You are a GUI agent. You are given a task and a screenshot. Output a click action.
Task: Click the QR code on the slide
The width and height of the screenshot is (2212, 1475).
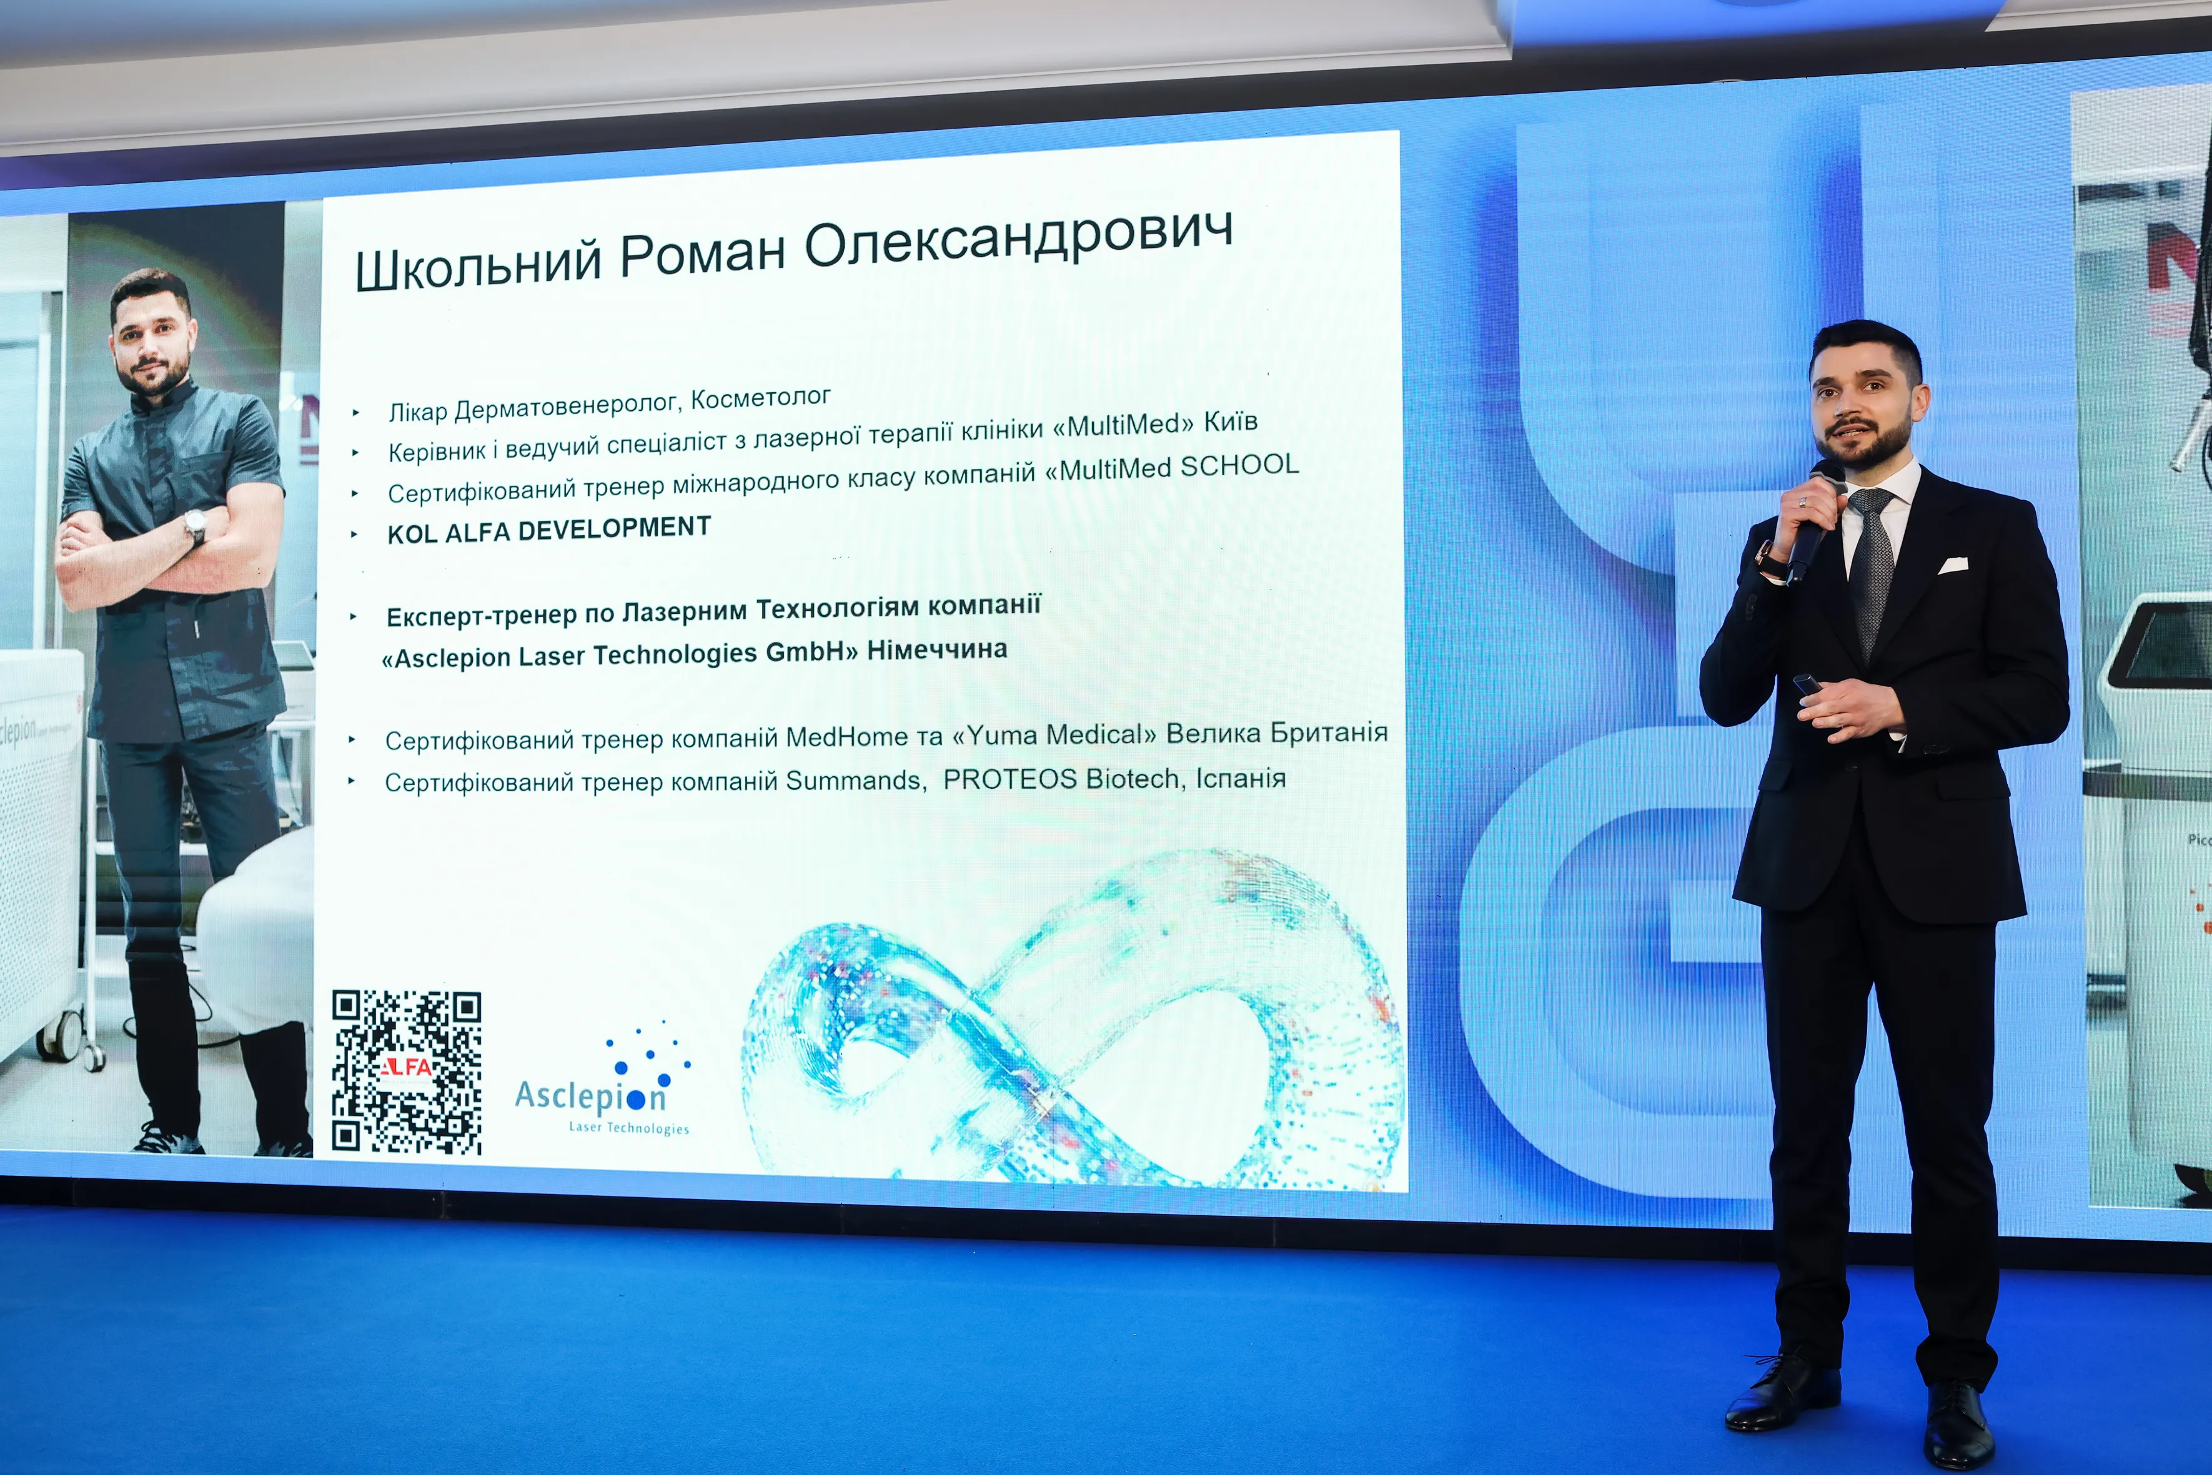[x=407, y=1072]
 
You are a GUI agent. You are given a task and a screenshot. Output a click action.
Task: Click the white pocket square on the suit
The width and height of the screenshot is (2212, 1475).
[x=1952, y=565]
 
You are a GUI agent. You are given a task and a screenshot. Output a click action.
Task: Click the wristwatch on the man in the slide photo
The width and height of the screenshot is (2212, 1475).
[x=196, y=527]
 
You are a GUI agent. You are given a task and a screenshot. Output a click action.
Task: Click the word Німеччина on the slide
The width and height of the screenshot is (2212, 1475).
[x=937, y=649]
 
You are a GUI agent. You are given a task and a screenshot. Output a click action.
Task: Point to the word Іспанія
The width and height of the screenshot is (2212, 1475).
[x=1240, y=778]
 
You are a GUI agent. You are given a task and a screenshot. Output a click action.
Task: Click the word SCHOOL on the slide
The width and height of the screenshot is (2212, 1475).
[x=1240, y=465]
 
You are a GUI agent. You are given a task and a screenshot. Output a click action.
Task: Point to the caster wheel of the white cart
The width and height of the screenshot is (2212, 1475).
[x=63, y=1038]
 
